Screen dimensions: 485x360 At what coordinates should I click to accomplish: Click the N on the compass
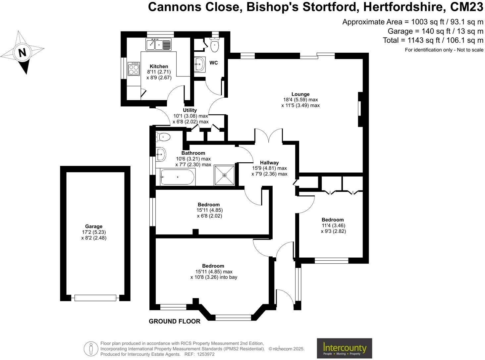22,53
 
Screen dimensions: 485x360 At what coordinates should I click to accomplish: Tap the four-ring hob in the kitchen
134,69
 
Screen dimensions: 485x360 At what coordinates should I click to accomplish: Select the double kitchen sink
159,45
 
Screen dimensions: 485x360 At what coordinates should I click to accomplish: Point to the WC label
214,63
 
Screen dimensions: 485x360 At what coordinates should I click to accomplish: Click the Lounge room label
300,94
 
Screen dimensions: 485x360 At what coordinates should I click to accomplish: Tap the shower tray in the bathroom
225,175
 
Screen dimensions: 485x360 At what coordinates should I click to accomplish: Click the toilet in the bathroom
163,137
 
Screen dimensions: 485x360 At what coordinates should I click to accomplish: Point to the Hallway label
269,163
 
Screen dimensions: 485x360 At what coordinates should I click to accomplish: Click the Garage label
94,227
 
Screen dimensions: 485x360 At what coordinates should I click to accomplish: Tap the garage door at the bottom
95,298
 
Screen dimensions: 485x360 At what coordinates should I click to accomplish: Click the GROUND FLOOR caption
175,321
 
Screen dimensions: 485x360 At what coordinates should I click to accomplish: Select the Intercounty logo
345,348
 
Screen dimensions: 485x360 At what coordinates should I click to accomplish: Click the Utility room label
190,110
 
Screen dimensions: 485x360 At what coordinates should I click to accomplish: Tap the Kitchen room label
159,67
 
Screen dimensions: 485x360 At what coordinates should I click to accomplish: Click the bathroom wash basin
161,154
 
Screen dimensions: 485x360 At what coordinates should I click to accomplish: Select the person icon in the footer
91,348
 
